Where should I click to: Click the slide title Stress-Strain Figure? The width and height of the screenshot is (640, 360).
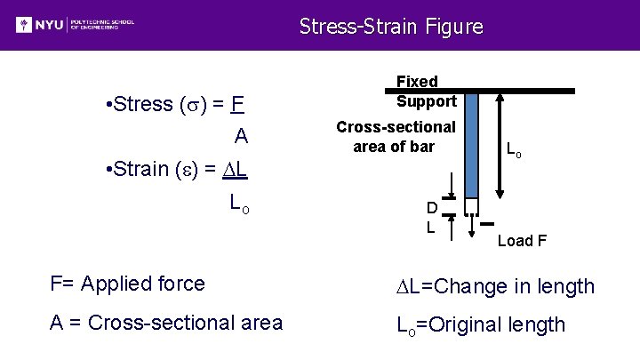coord(391,27)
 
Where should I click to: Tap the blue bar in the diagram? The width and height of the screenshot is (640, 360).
coord(472,142)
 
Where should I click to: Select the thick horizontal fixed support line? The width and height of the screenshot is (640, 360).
coord(524,91)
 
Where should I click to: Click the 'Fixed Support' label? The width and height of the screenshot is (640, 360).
coord(426,92)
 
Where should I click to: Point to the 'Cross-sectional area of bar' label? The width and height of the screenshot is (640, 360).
coord(396,137)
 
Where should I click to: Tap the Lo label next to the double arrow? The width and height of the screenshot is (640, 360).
coord(514,152)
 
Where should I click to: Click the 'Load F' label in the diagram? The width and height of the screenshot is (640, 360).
coord(522,240)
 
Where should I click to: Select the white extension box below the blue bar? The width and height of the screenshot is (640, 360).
coord(472,206)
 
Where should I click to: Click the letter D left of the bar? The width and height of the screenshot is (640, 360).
coord(431,208)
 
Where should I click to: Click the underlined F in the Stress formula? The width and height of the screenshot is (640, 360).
coord(236,104)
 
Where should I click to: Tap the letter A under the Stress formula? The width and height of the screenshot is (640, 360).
coord(240,137)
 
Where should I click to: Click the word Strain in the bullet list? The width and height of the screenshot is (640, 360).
coord(142,169)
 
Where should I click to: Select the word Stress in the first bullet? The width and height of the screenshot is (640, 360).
coord(142,104)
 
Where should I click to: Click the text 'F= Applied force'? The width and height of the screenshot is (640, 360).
coord(127,284)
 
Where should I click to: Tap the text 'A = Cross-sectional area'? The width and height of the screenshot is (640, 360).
coord(166,323)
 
